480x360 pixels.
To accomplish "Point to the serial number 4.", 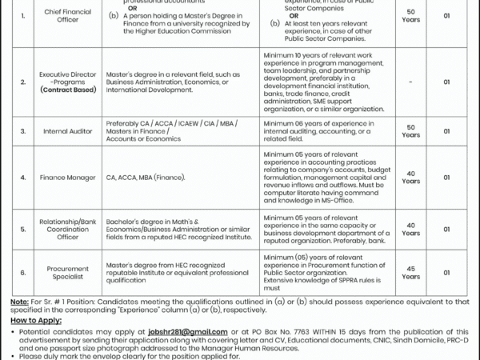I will tap(23, 177).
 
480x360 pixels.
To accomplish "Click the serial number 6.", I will tap(23, 273).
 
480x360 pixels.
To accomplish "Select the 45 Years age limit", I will tap(411, 273).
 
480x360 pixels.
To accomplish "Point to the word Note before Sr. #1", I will tap(19, 301).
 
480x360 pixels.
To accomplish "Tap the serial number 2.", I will tap(23, 82).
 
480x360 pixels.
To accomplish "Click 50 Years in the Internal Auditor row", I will tap(411, 131).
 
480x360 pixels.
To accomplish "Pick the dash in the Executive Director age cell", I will tap(410, 82).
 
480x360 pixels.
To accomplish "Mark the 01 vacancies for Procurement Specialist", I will tap(447, 273).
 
